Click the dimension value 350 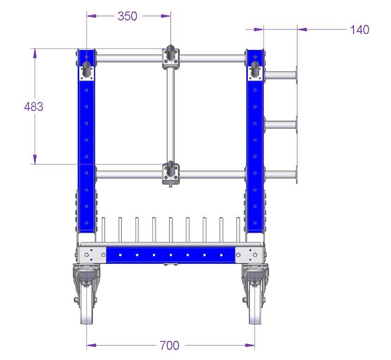tap(127, 16)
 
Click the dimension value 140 tap(360, 30)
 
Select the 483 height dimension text tap(34, 106)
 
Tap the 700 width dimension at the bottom tap(169, 345)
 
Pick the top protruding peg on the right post tap(281, 75)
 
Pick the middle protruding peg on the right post tap(281, 125)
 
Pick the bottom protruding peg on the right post tap(281, 175)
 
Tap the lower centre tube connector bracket tap(170, 174)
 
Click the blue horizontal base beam tap(170, 254)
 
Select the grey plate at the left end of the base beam tap(92, 254)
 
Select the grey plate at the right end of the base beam tap(250, 254)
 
